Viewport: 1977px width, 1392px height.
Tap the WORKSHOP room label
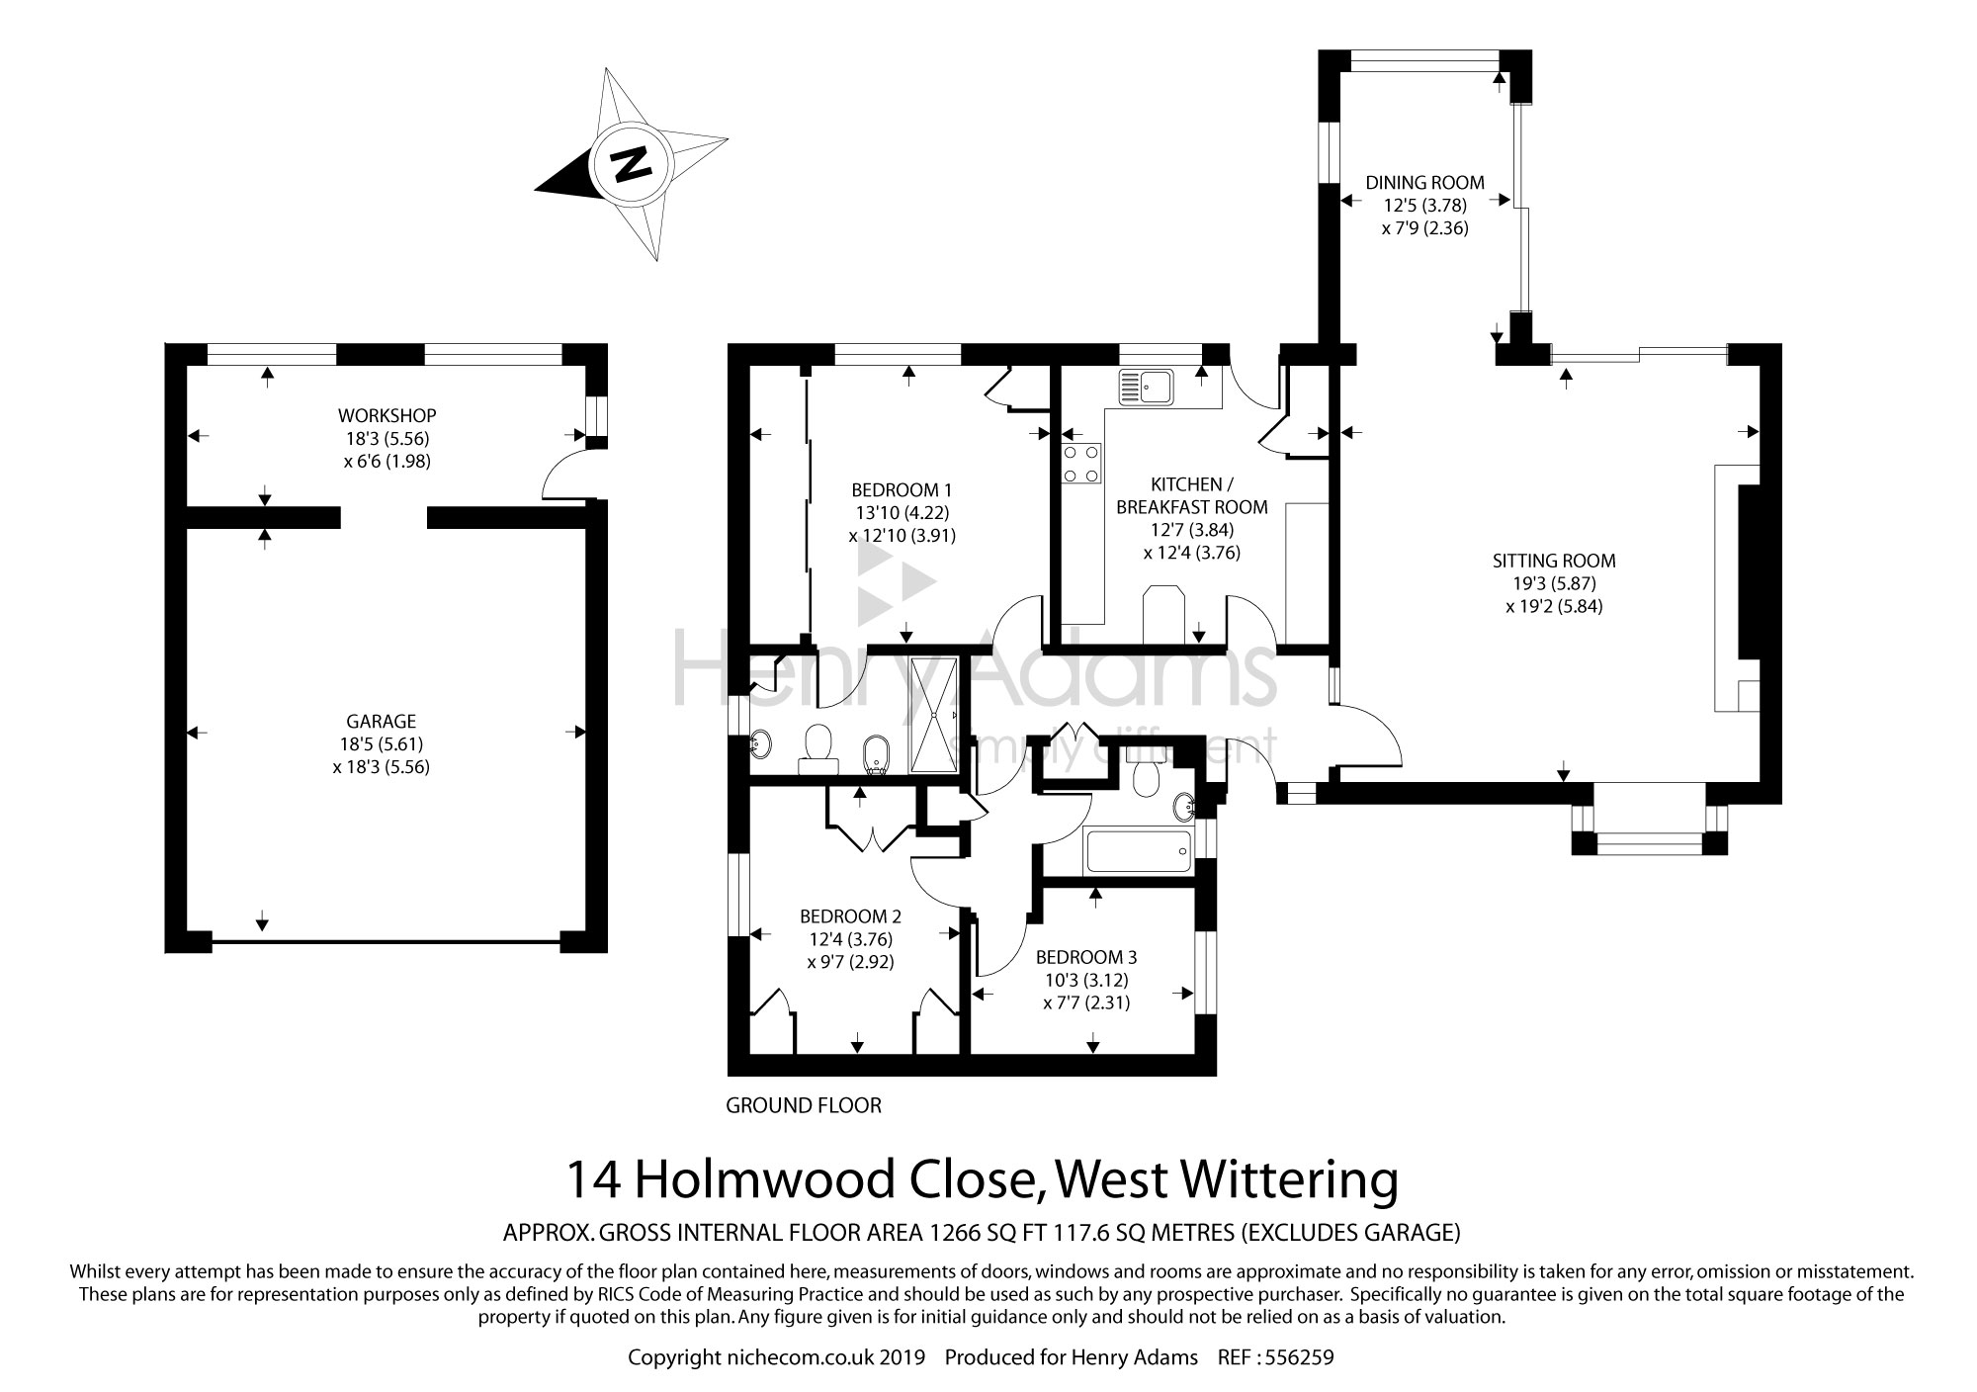[387, 415]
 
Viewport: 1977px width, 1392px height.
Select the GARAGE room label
[382, 722]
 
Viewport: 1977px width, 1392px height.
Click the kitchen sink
[1145, 388]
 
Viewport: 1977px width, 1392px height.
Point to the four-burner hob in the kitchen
[1081, 464]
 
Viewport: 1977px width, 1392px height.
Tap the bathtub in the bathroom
[1139, 851]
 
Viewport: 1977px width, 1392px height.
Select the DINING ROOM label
[1425, 182]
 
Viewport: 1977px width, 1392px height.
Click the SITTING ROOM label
[1554, 561]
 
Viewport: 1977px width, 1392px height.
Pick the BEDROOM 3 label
[1086, 957]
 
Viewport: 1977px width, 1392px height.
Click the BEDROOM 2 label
[851, 915]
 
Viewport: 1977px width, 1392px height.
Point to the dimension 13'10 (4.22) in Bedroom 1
[903, 513]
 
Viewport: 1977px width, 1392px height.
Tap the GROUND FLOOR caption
[804, 1105]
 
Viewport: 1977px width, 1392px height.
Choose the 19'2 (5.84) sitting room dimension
[1554, 606]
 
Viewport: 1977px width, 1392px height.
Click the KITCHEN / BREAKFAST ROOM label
[1192, 495]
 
